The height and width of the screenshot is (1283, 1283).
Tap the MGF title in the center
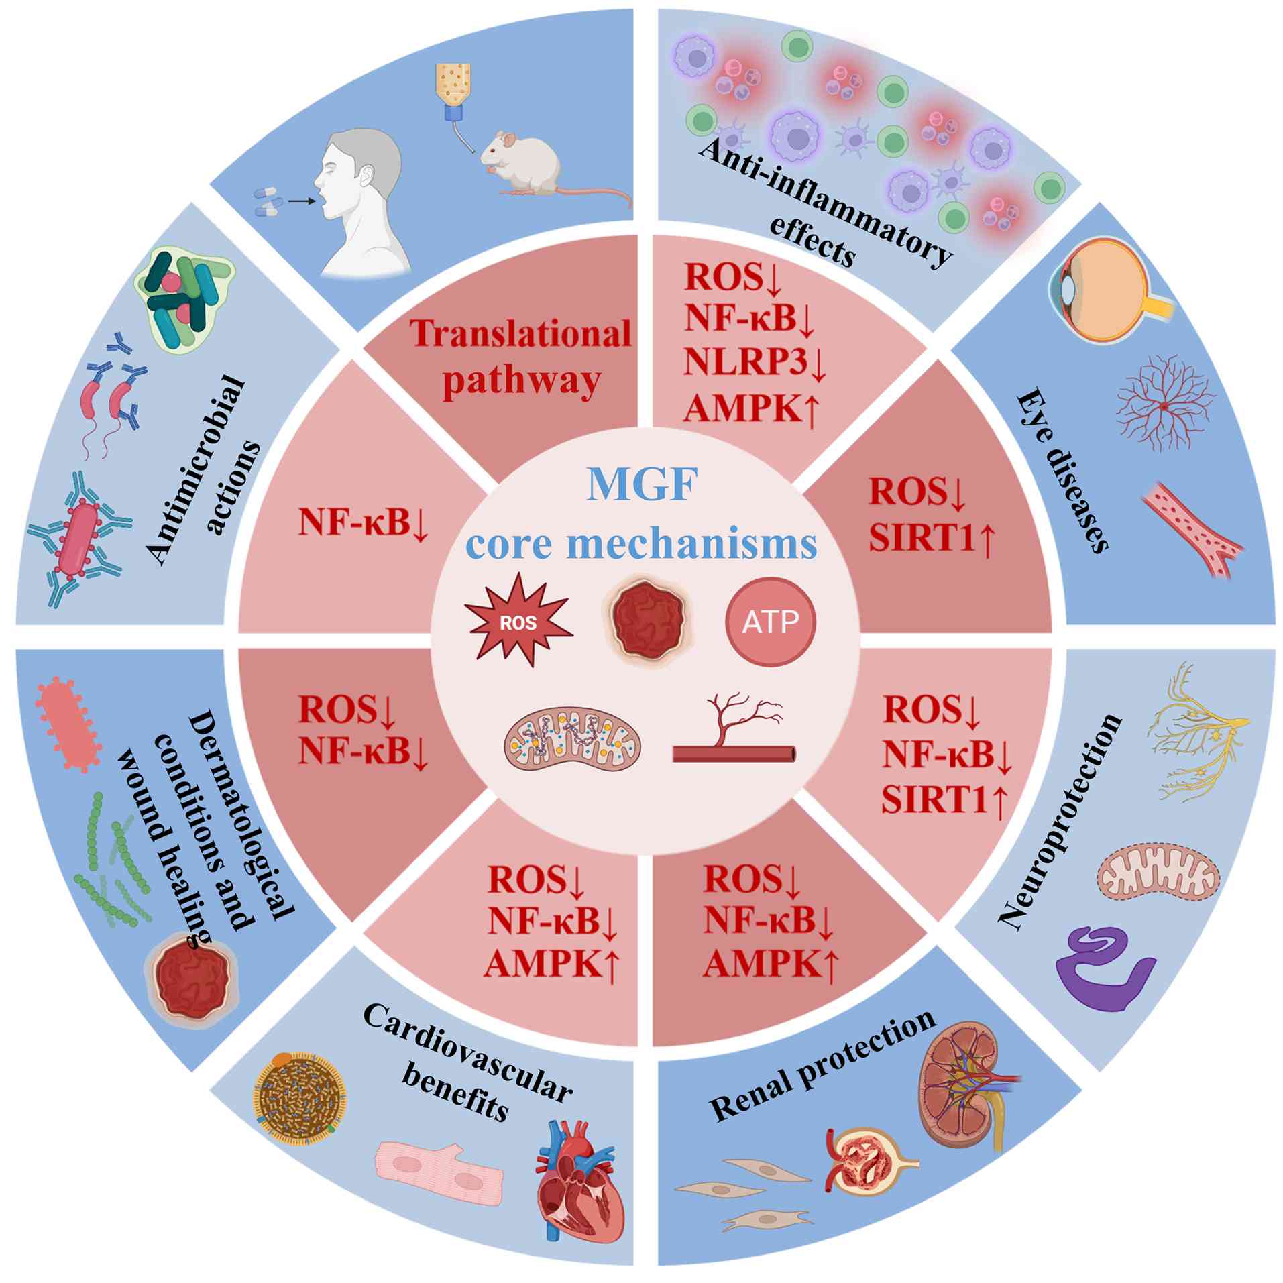tap(642, 484)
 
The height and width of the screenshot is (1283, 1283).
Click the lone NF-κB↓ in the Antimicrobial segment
tap(362, 521)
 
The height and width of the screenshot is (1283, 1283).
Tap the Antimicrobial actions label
tap(201, 469)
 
